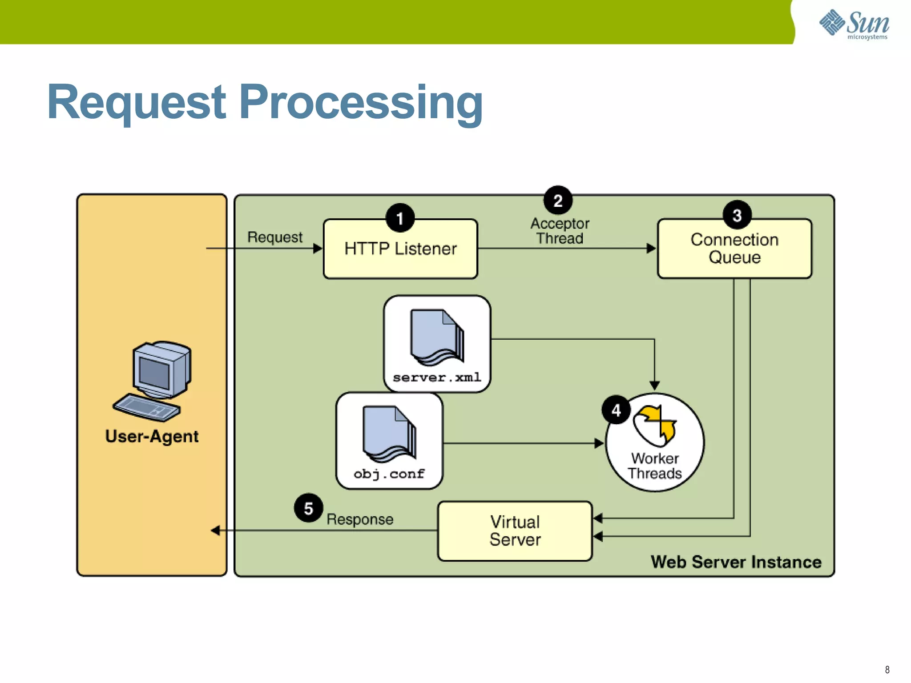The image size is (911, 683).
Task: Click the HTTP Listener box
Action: point(400,249)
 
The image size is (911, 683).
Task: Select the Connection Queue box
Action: point(734,249)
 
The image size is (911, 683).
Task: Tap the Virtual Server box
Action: point(515,531)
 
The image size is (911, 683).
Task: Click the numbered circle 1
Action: point(400,218)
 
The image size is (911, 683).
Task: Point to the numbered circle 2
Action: point(558,201)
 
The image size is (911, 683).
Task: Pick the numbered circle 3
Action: point(737,215)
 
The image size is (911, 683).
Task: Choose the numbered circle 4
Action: point(616,410)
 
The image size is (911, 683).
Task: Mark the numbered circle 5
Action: point(308,508)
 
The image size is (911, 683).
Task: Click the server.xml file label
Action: point(437,378)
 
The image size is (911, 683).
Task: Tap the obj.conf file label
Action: point(389,474)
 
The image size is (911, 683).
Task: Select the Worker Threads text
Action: point(655,466)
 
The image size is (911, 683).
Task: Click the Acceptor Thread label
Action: point(560,231)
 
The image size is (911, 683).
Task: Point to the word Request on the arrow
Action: point(275,237)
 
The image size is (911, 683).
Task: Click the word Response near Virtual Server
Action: point(360,519)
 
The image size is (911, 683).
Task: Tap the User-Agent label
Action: point(152,436)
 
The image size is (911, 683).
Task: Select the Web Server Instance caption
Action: point(736,562)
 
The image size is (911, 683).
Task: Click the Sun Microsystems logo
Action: point(854,24)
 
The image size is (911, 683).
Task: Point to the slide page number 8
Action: point(887,670)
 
